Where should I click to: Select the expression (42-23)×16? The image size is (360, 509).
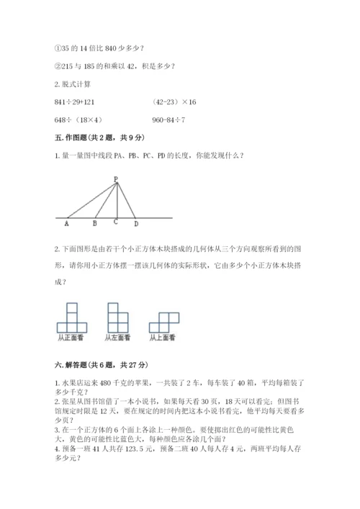tap(174, 103)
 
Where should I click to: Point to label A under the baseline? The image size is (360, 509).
tap(67, 223)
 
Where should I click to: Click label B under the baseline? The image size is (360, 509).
tap(95, 223)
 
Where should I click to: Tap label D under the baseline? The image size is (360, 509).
tap(135, 223)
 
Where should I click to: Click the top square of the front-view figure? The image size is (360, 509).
tap(72, 307)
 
